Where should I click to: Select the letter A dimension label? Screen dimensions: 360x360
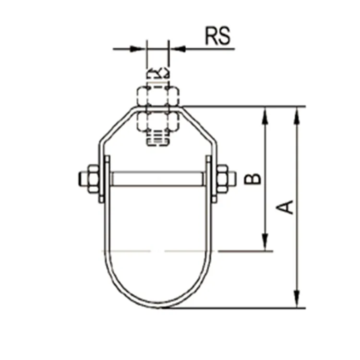pyautogui.click(x=286, y=207)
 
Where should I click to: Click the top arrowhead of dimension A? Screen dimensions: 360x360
pyautogui.click(x=298, y=113)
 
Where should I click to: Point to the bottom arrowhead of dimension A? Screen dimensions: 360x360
pyautogui.click(x=298, y=300)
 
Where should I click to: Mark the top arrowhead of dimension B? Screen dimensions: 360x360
pyautogui.click(x=264, y=114)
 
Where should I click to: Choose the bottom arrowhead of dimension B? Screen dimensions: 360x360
pyautogui.click(x=264, y=243)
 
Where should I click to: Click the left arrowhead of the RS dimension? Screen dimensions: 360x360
pyautogui.click(x=139, y=48)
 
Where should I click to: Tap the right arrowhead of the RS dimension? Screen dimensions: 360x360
pyautogui.click(x=177, y=48)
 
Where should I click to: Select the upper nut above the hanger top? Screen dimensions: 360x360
pyautogui.click(x=158, y=96)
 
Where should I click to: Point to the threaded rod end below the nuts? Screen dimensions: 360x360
pyautogui.click(x=158, y=139)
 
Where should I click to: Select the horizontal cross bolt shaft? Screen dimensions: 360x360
pyautogui.click(x=157, y=179)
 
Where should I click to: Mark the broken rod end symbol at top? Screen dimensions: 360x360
pyautogui.click(x=158, y=73)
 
